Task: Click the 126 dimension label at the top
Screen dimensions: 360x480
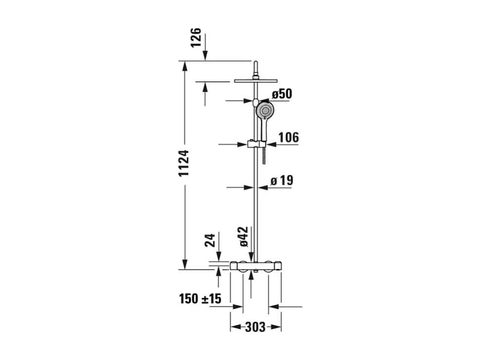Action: click(196, 38)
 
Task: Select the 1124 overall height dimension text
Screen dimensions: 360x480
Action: click(184, 163)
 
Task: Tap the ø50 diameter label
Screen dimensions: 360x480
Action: click(282, 94)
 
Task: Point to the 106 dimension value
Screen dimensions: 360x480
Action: click(289, 137)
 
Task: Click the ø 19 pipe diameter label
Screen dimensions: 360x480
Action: click(282, 181)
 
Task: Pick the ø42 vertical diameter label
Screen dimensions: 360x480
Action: click(243, 237)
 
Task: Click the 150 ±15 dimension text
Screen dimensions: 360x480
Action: click(200, 299)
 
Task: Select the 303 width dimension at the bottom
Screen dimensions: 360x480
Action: click(255, 327)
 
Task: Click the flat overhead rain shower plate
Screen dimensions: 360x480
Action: click(255, 80)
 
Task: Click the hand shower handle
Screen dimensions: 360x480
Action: click(265, 131)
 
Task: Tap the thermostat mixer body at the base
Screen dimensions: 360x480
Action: click(255, 266)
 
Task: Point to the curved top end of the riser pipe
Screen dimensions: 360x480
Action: click(255, 64)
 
